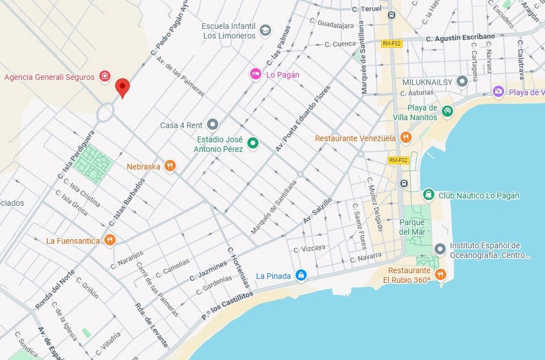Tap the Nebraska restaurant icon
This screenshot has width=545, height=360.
point(170,166)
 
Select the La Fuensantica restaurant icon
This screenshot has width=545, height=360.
point(110,240)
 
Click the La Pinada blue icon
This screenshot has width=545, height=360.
point(301,276)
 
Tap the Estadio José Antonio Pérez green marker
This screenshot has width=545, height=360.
point(253,144)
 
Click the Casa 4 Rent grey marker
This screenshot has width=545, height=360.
point(213,124)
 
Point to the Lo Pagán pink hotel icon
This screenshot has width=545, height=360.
point(256,74)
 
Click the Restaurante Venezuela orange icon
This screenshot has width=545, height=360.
point(405,138)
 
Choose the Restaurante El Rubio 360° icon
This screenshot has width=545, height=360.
point(440,275)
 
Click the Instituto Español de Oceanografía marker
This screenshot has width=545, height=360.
point(440,249)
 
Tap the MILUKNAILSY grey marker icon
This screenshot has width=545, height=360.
point(462,82)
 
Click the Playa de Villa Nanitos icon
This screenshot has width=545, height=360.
point(447,111)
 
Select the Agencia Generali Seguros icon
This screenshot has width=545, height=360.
point(104,77)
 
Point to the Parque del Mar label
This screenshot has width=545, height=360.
point(412,227)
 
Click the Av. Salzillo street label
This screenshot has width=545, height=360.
point(317,210)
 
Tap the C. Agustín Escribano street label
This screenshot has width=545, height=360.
point(460,37)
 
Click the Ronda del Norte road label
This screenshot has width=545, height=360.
point(55,289)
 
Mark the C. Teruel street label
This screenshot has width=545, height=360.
point(366,9)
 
